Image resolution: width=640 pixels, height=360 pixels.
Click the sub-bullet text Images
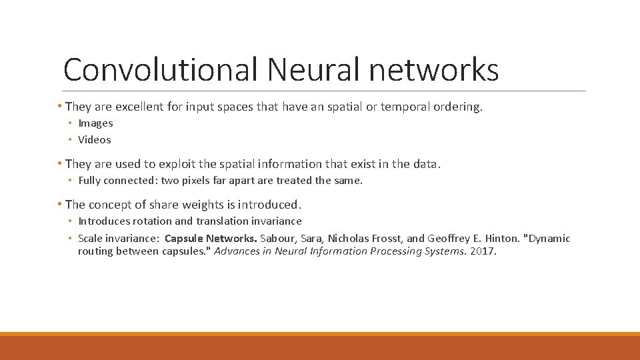click(95, 123)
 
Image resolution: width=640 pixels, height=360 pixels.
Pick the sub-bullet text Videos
click(95, 140)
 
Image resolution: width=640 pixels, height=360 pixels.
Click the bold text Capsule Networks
click(211, 239)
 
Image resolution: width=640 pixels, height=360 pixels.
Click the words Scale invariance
click(118, 239)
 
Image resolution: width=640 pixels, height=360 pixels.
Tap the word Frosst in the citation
click(388, 239)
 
